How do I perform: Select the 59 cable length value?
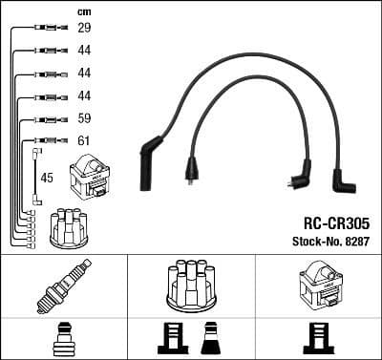click(83, 119)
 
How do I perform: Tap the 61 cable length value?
click(83, 141)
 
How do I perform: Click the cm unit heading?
click(83, 11)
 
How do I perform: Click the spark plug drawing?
click(63, 286)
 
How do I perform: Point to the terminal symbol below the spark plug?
click(63, 340)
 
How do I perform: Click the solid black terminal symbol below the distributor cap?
click(211, 340)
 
